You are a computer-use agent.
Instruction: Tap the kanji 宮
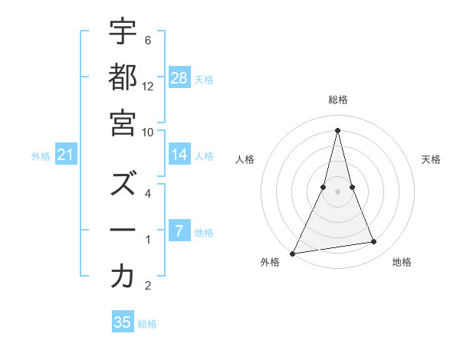tap(123, 123)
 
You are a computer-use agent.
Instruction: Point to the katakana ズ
tap(123, 184)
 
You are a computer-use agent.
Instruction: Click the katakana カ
tap(123, 277)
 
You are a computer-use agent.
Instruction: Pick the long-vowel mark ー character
tap(123, 231)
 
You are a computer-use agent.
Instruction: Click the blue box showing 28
tap(179, 77)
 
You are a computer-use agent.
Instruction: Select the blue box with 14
tap(179, 155)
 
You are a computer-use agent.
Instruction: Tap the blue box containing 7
tap(179, 231)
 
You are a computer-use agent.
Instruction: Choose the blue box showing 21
tap(66, 155)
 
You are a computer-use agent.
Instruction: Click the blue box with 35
tap(123, 322)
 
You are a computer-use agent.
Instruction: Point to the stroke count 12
tap(148, 87)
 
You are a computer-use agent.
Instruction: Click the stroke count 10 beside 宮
tap(148, 132)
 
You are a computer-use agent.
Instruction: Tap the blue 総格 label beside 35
tap(147, 324)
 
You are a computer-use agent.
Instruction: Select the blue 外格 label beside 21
tap(41, 156)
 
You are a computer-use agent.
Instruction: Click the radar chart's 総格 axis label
tap(337, 100)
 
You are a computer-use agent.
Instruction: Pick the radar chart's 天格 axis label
tap(431, 159)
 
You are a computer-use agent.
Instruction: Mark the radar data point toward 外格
tap(292, 254)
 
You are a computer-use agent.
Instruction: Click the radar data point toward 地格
tap(374, 242)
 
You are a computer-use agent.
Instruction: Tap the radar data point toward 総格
tap(337, 129)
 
